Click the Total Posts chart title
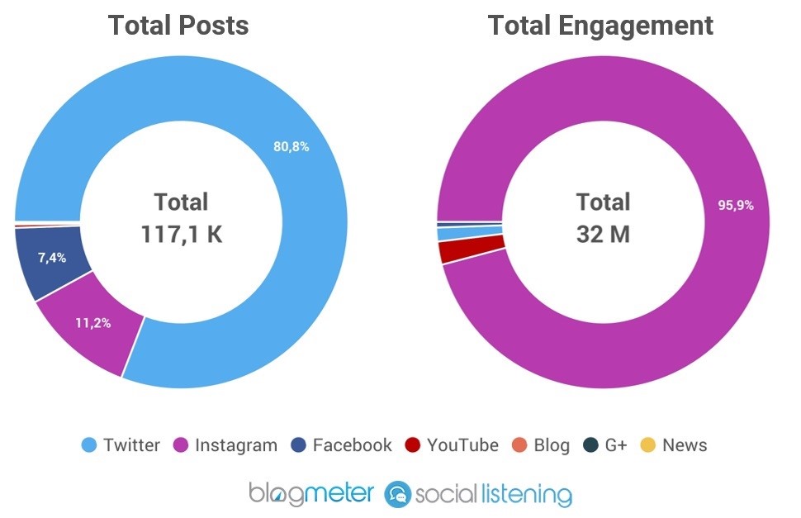click(178, 26)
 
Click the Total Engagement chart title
click(600, 26)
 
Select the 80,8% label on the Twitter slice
click(291, 147)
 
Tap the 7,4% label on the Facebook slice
click(52, 258)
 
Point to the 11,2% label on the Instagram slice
click(92, 323)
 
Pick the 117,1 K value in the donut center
click(181, 235)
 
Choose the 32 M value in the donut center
click(602, 235)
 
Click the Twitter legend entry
click(121, 445)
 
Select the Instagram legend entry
click(225, 445)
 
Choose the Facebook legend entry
click(342, 445)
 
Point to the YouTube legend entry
click(452, 445)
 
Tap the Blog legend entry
click(541, 445)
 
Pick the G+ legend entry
click(606, 445)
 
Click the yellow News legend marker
click(648, 445)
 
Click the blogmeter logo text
click(312, 494)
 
